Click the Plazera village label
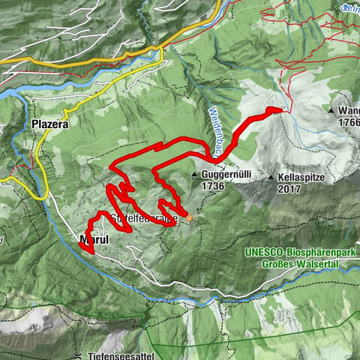coord(50,124)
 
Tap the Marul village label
coord(94,240)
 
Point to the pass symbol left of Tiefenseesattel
coord(78,354)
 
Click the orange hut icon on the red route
coord(189,218)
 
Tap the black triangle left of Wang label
coord(331,110)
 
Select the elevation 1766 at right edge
coord(349,122)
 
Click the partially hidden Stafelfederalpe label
coord(142,218)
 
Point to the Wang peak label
coord(349,110)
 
